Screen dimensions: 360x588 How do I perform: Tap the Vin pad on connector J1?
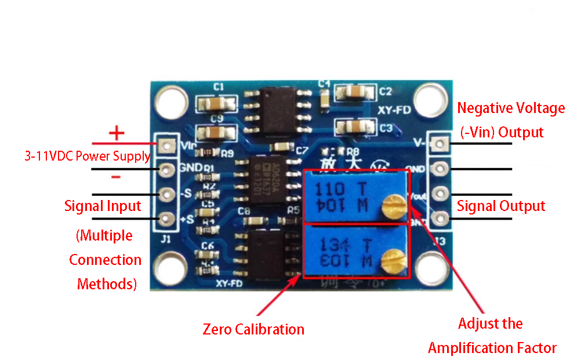(x=167, y=145)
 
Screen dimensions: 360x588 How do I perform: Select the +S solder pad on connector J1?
(x=167, y=219)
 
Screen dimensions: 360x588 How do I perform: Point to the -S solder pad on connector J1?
(x=167, y=194)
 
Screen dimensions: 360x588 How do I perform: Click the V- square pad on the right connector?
(x=441, y=143)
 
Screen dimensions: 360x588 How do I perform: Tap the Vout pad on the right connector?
(x=441, y=194)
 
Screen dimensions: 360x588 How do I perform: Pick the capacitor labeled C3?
(x=355, y=126)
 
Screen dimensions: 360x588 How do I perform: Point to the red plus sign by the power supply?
(x=117, y=133)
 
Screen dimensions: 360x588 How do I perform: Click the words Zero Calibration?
(x=253, y=330)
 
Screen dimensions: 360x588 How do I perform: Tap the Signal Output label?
(x=501, y=206)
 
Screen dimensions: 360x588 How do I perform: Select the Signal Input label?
(x=103, y=206)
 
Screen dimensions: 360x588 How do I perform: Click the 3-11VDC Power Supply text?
(x=88, y=157)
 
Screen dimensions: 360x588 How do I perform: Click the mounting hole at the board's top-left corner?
(x=171, y=101)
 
